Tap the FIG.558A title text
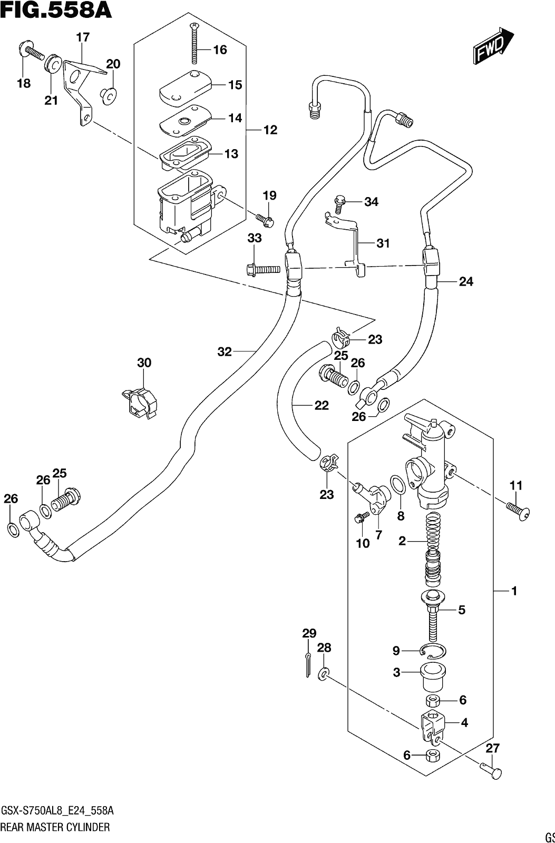[x=56, y=11]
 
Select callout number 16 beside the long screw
[x=220, y=50]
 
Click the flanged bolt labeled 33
[x=263, y=269]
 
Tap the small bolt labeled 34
[x=340, y=203]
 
